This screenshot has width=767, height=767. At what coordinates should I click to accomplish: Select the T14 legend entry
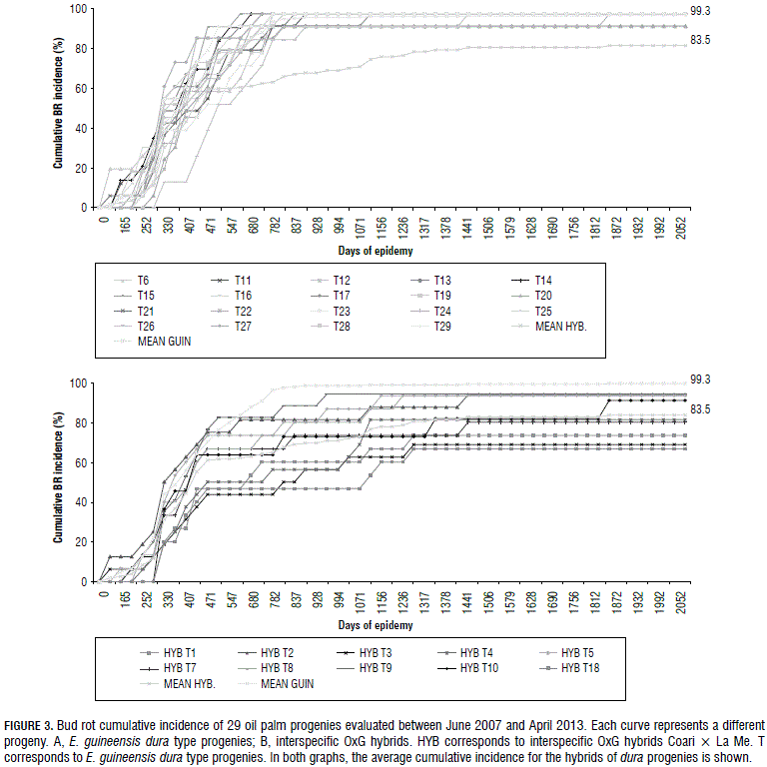pyautogui.click(x=543, y=280)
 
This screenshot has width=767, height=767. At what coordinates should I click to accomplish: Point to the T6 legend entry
pyautogui.click(x=144, y=280)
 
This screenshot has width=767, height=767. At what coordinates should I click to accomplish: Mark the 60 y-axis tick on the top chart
pyautogui.click(x=87, y=88)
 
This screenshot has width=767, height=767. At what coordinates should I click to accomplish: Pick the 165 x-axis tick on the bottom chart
pyautogui.click(x=124, y=600)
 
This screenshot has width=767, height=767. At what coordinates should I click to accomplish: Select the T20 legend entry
pyautogui.click(x=543, y=296)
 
